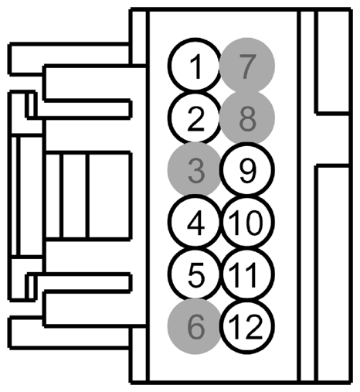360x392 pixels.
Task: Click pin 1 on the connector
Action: click(195, 64)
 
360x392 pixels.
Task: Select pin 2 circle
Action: click(195, 118)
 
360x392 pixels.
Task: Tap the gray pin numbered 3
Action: click(195, 169)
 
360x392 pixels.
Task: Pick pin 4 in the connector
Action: click(195, 221)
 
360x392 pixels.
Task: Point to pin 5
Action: click(195, 273)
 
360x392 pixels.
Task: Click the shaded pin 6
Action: click(195, 326)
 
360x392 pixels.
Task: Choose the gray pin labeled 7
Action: click(247, 65)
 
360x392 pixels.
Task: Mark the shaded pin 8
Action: click(247, 118)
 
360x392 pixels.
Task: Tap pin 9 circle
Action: click(247, 169)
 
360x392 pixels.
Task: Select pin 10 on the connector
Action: click(247, 222)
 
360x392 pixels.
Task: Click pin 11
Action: click(247, 274)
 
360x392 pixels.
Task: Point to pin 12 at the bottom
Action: click(247, 326)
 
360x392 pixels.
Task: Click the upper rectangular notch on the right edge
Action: click(333, 62)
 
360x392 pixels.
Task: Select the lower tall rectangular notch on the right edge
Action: click(333, 274)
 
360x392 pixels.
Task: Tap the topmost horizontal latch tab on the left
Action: click(70, 60)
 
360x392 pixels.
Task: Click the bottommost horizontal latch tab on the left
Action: click(70, 332)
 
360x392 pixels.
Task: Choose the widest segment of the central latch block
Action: click(109, 196)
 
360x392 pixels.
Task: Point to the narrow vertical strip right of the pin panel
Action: click(307, 196)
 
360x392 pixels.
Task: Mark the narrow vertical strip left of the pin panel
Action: click(139, 196)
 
